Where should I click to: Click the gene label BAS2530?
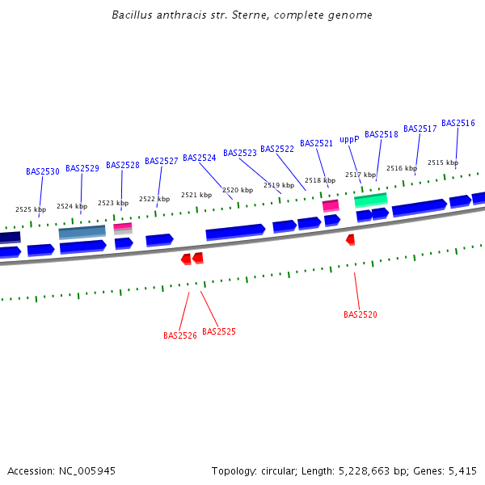tap(43, 171)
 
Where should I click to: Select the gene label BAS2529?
tap(82, 168)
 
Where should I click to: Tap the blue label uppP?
tap(349, 139)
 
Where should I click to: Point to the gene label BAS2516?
tap(458, 123)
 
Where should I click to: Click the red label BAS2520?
tap(361, 314)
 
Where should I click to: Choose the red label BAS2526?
tap(180, 335)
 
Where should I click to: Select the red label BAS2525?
tap(219, 331)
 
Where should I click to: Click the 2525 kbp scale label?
tap(31, 209)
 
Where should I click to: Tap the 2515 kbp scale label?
tap(443, 162)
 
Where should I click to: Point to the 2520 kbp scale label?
tap(238, 190)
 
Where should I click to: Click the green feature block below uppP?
tap(371, 199)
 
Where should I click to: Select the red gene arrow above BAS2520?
tap(351, 239)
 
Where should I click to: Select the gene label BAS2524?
tap(200, 158)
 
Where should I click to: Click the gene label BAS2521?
tap(316, 143)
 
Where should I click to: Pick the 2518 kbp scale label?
tap(320, 180)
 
